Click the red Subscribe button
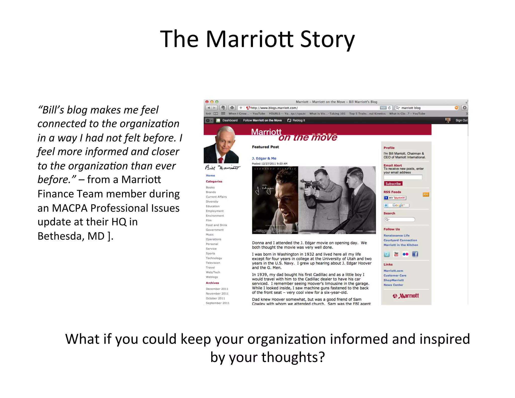pyautogui.click(x=393, y=184)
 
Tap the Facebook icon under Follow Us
pyautogui.click(x=415, y=254)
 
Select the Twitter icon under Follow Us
pyautogui.click(x=387, y=254)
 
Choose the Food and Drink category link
pyautogui.click(x=216, y=225)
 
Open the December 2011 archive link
pyautogui.click(x=217, y=289)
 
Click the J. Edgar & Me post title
pyautogui.click(x=264, y=158)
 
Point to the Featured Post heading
pyautogui.click(x=265, y=147)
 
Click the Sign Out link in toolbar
pyautogui.click(x=461, y=121)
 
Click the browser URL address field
pyautogui.click(x=312, y=108)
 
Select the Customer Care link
pyautogui.click(x=395, y=275)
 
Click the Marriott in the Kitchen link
pyautogui.click(x=401, y=245)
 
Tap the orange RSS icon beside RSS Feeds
pyautogui.click(x=426, y=194)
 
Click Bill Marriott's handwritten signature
pyautogui.click(x=222, y=168)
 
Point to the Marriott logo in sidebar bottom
pyautogui.click(x=406, y=296)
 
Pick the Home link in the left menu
pyautogui.click(x=210, y=175)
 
